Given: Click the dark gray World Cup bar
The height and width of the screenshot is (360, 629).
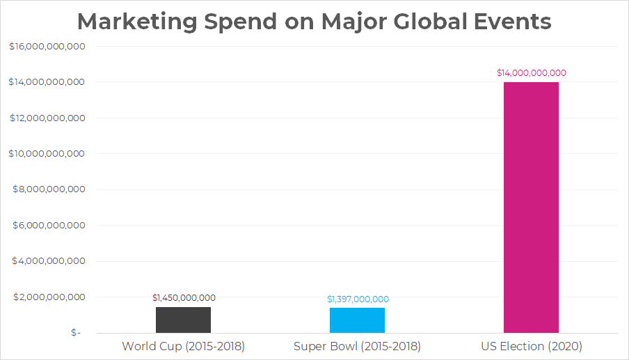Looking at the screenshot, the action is (x=183, y=320).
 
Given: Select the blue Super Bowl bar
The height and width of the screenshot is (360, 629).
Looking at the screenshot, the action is (x=357, y=320).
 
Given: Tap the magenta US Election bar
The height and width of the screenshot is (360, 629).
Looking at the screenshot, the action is (x=531, y=208).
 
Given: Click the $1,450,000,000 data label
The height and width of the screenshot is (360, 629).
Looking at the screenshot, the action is (x=184, y=298).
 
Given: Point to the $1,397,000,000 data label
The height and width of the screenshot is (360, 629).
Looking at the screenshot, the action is (x=358, y=299).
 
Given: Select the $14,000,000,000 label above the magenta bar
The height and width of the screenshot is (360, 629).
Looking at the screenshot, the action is (x=532, y=73).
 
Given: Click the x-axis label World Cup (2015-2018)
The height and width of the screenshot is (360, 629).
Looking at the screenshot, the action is (x=183, y=346).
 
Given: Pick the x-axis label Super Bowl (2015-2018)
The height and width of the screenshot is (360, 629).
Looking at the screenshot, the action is (x=357, y=346).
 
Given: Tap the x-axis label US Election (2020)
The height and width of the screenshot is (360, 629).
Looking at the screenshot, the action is (x=532, y=346).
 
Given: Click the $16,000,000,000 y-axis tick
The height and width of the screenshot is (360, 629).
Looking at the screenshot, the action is (x=47, y=47).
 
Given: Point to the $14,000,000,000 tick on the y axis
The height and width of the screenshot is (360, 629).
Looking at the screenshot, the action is (x=47, y=82).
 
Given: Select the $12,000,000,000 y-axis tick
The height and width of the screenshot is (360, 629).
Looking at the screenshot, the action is (x=47, y=118).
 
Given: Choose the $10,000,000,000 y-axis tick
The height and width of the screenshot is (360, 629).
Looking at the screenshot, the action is (x=47, y=154).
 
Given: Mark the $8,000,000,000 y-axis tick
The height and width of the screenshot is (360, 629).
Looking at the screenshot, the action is (x=49, y=189).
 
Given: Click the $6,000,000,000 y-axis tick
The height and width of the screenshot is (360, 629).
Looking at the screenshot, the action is (x=49, y=226).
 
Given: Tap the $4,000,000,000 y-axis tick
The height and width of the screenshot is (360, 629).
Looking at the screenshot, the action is (x=49, y=261).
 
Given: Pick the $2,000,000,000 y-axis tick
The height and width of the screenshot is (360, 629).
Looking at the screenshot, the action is (x=49, y=297).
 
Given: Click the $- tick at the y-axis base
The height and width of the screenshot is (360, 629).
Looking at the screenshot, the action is (x=76, y=333).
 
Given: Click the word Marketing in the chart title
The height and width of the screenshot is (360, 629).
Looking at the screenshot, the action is (x=137, y=22).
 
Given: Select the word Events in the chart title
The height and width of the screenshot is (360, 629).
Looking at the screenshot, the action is (x=513, y=22).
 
